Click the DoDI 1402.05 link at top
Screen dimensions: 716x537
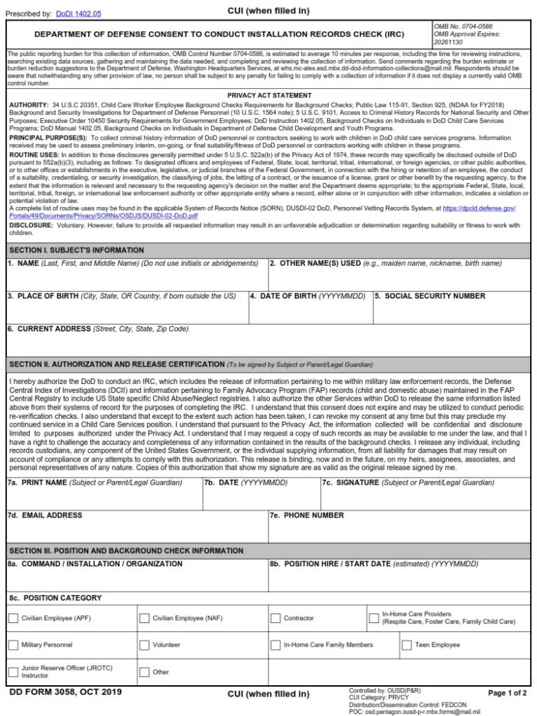point(78,13)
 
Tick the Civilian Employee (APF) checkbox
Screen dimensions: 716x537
point(13,618)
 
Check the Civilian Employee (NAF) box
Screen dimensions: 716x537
point(145,618)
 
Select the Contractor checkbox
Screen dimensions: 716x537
point(275,618)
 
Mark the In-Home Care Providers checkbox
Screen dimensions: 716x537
point(374,618)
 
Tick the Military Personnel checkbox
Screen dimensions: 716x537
point(13,645)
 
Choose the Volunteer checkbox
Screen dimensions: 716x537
point(145,645)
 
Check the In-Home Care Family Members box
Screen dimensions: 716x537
point(275,645)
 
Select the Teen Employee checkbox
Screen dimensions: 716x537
point(406,645)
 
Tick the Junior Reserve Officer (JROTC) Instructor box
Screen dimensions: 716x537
point(13,672)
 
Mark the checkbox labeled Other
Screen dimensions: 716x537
point(145,672)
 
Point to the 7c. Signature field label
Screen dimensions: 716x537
point(408,482)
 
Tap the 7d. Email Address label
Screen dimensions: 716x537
point(45,515)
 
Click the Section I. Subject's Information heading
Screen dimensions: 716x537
point(76,250)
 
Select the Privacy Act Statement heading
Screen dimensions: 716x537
point(269,95)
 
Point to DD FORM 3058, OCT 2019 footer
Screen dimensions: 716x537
point(66,692)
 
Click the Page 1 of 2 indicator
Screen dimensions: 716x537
point(507,693)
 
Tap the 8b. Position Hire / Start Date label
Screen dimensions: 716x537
point(374,564)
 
